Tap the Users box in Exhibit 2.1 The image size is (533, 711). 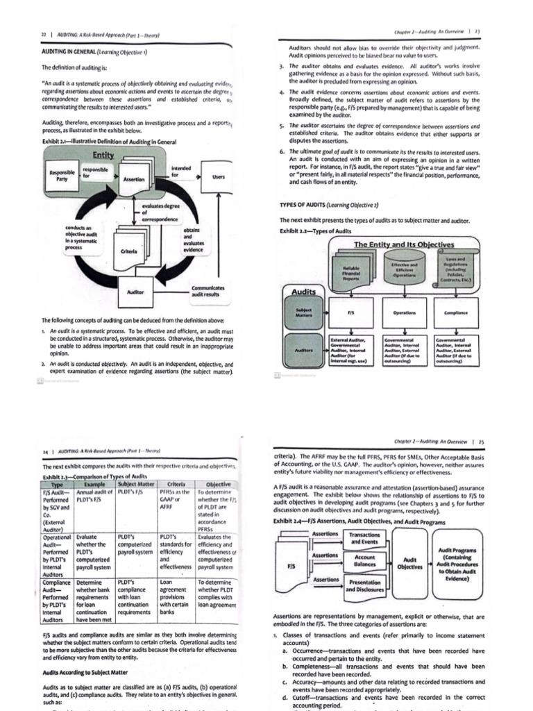(218, 178)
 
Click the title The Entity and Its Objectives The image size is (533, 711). (403, 244)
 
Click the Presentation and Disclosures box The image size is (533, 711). (364, 585)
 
